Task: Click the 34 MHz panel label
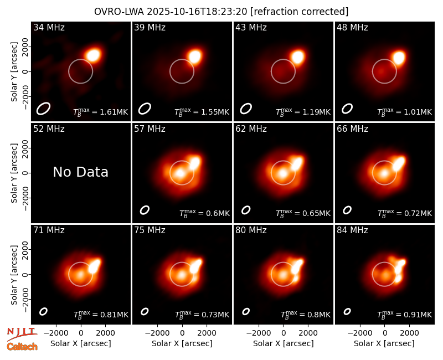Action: [49, 27]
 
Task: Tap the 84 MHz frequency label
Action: [352, 230]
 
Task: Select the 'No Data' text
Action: [80, 172]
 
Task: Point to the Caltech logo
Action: [22, 347]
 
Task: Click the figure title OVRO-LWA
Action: [119, 12]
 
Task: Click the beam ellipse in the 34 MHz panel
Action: [43, 109]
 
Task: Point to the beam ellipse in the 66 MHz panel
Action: [347, 210]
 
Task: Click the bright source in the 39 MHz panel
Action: [195, 56]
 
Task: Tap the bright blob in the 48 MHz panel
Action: [399, 58]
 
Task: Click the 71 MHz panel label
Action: [49, 230]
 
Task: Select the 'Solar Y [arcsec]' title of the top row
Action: [14, 72]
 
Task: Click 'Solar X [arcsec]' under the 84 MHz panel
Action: [384, 343]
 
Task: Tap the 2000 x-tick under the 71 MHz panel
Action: [105, 333]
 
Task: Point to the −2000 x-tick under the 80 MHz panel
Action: [259, 333]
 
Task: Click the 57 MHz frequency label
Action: [150, 129]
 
